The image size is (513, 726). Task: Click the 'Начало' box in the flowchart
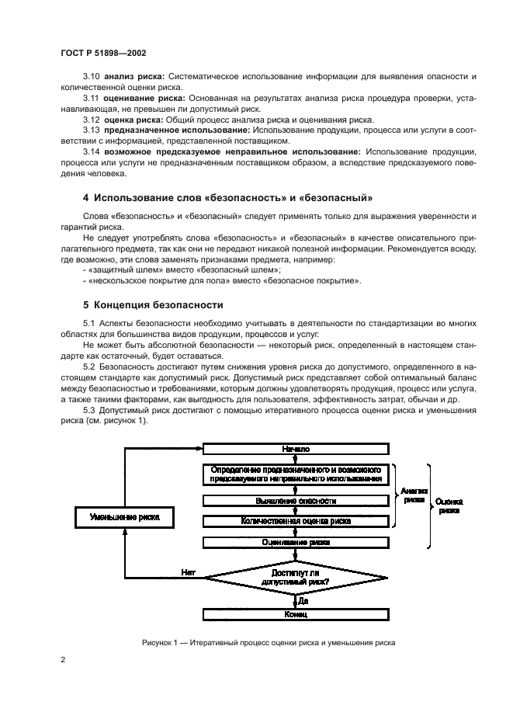pyautogui.click(x=296, y=449)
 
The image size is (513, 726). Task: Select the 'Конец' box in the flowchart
pyautogui.click(x=296, y=614)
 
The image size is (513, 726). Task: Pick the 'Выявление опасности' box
pyautogui.click(x=296, y=502)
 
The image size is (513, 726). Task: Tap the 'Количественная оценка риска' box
pyautogui.click(x=296, y=522)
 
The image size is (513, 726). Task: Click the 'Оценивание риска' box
pyautogui.click(x=296, y=543)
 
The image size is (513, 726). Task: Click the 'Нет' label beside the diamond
pyautogui.click(x=189, y=572)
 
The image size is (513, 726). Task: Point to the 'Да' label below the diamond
pyautogui.click(x=303, y=600)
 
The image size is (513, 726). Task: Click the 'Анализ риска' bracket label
pyautogui.click(x=414, y=496)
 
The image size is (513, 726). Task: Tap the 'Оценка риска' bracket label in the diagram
pyautogui.click(x=449, y=506)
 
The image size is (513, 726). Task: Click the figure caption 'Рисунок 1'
pyautogui.click(x=269, y=643)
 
